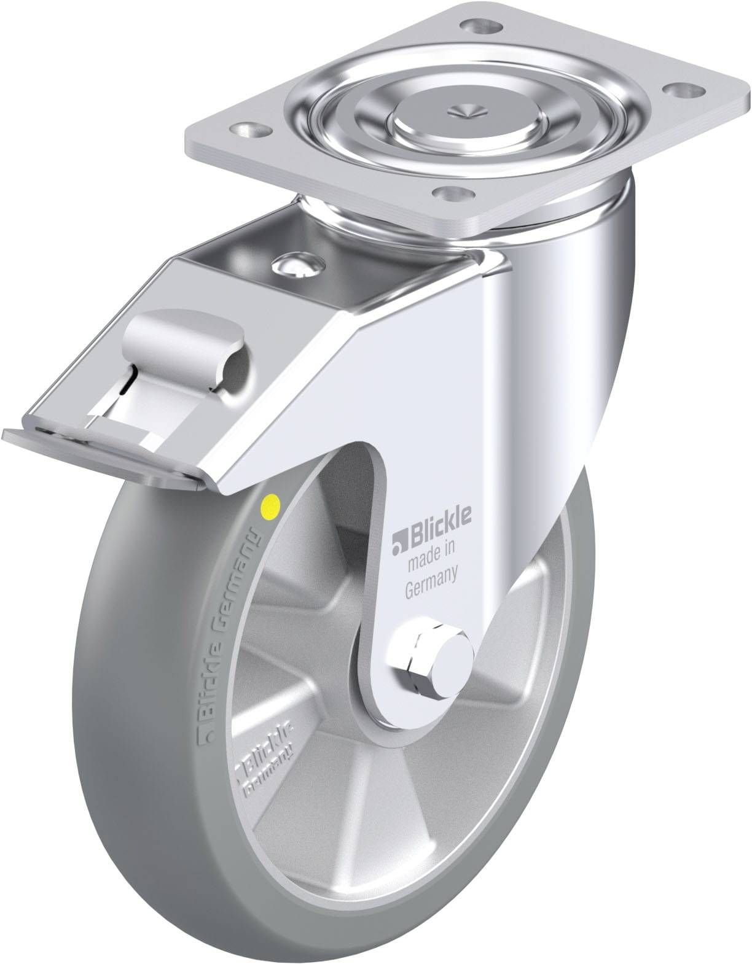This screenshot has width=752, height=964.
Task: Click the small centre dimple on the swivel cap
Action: pos(466,111)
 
